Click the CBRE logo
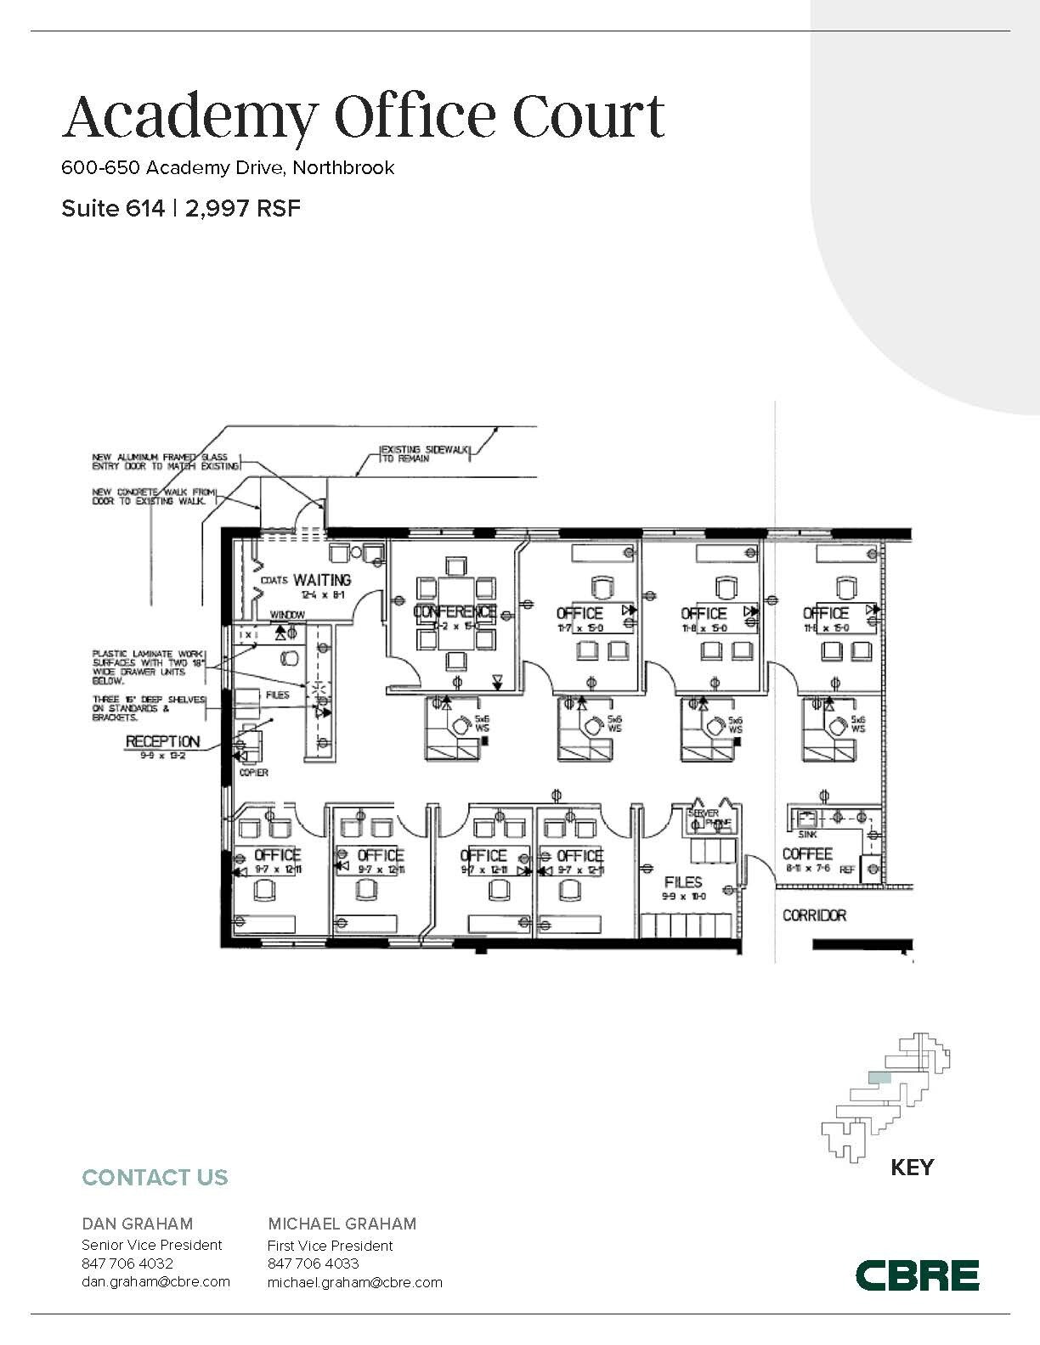coord(917,1275)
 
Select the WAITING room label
coord(322,581)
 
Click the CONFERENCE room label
coord(454,611)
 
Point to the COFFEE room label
coord(806,853)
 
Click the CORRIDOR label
coord(814,915)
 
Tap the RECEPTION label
coord(162,741)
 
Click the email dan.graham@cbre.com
coord(155,1281)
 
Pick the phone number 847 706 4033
coord(313,1263)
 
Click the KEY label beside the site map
coord(912,1168)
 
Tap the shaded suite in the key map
coord(879,1078)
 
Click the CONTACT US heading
coord(155,1178)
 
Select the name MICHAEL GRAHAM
coord(342,1224)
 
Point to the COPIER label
coord(254,773)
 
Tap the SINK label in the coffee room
coord(807,835)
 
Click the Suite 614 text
coord(112,209)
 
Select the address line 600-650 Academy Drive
coord(228,167)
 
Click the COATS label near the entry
coord(274,581)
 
